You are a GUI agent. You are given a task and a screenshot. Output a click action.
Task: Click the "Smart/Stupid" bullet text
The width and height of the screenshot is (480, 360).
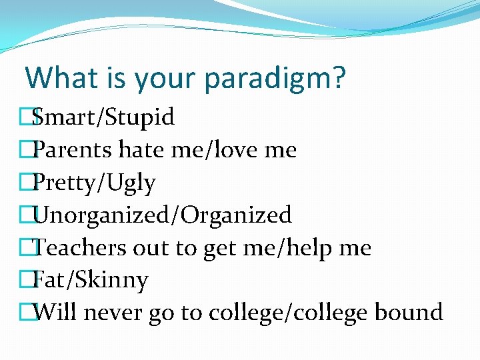click(x=103, y=117)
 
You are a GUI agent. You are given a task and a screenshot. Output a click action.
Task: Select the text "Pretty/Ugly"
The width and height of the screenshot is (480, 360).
click(x=94, y=183)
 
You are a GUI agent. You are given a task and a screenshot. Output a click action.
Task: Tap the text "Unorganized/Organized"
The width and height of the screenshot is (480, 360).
click(x=162, y=215)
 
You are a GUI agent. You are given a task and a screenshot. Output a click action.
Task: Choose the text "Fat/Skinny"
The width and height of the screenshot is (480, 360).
click(x=90, y=280)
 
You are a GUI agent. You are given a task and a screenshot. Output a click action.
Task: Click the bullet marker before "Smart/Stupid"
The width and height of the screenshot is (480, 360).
click(x=26, y=117)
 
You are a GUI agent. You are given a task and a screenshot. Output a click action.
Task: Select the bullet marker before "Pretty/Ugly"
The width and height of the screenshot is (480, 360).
click(x=26, y=183)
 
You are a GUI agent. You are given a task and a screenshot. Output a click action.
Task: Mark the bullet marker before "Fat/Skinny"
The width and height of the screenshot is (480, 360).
click(x=26, y=280)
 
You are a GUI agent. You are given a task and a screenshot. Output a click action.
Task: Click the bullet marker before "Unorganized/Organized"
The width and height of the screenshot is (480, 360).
click(x=26, y=215)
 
